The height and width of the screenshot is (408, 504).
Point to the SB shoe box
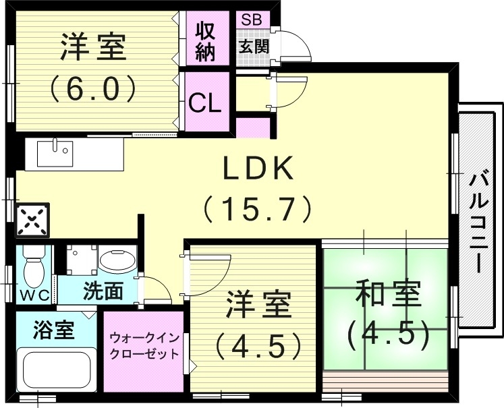point(253,19)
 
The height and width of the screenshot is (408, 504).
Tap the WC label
point(32,294)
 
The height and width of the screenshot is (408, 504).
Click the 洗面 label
point(103,291)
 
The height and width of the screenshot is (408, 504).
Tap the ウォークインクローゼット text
point(144,344)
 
